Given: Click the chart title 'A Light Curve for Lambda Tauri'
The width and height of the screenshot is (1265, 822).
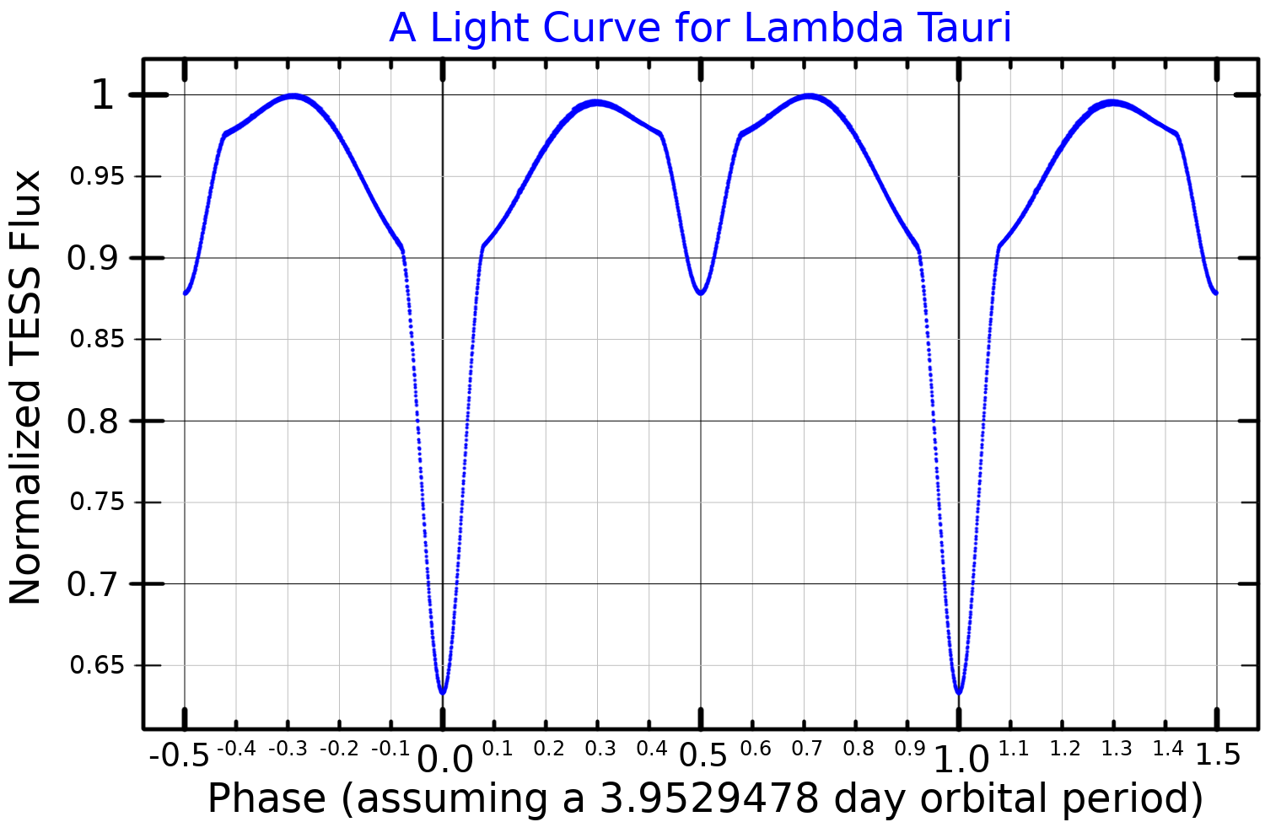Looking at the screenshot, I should (x=700, y=28).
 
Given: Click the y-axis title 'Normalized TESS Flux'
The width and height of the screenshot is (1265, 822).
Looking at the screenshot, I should (x=25, y=388).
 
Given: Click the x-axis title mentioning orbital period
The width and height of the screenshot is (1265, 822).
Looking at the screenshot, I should (x=705, y=798).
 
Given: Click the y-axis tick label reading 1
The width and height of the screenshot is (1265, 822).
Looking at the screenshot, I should (x=101, y=95).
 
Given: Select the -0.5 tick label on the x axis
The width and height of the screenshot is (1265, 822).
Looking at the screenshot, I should (x=179, y=755).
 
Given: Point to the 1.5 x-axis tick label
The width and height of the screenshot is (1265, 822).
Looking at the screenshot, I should (x=1219, y=755).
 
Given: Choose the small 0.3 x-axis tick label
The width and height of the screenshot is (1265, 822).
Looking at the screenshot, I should (x=600, y=749).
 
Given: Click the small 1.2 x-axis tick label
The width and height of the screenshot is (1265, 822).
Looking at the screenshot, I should (x=1065, y=749).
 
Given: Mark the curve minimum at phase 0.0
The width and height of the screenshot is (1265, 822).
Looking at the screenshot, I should (x=443, y=693).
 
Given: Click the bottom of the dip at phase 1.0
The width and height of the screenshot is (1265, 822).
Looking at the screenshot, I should (x=959, y=693).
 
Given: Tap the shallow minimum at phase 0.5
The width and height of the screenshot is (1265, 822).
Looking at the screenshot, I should (x=701, y=293).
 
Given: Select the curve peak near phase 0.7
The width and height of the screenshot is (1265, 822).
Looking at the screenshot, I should (x=809, y=96).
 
